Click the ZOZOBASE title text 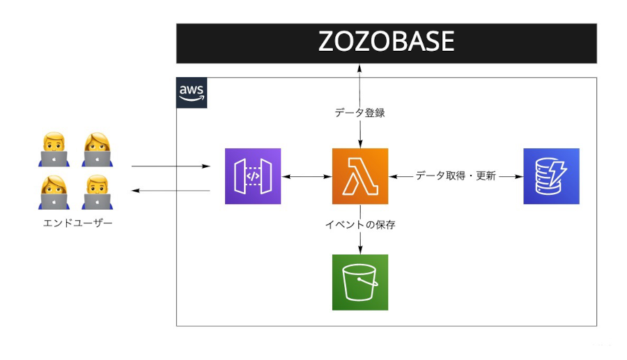[x=386, y=42]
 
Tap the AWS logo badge [x=192, y=93]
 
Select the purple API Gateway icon [x=252, y=176]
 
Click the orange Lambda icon [x=359, y=176]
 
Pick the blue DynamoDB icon [x=551, y=176]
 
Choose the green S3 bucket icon [x=359, y=282]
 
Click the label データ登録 [x=359, y=113]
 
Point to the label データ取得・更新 [x=456, y=176]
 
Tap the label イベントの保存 [x=360, y=224]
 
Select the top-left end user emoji [x=54, y=150]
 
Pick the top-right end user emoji [x=97, y=150]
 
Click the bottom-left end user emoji [x=54, y=192]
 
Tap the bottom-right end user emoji [x=97, y=192]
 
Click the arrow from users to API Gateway [x=171, y=166]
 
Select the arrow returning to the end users [x=171, y=190]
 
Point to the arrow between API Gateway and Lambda [x=307, y=176]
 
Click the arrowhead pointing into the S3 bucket [x=359, y=250]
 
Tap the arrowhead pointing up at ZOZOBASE [x=359, y=68]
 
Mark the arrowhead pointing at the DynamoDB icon [x=519, y=176]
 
